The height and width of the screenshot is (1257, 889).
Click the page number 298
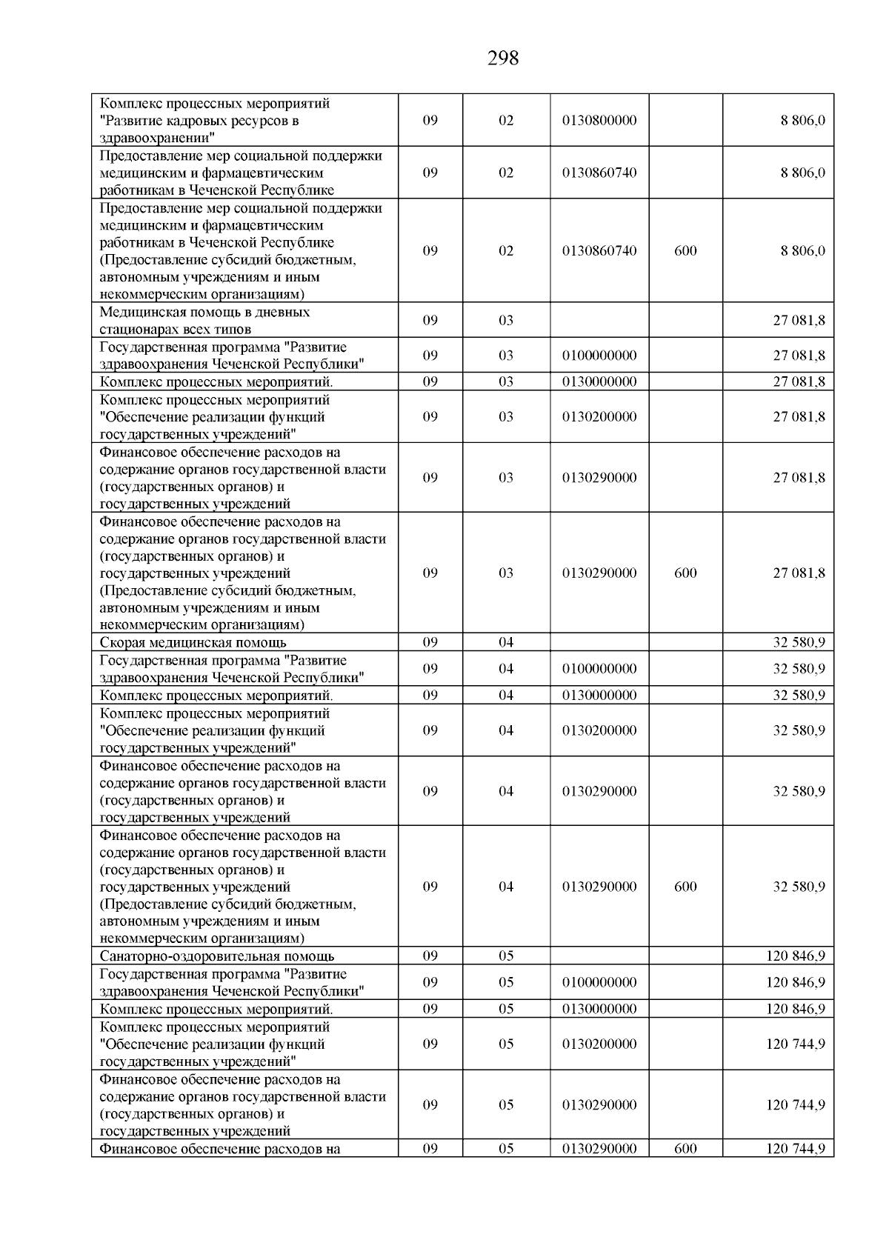tap(503, 59)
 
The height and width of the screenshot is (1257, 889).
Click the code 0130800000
tap(599, 120)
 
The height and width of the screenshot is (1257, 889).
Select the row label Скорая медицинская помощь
tap(193, 643)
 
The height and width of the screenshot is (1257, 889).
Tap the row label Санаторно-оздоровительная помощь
tap(216, 956)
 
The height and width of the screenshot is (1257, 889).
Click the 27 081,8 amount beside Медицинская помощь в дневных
tap(799, 321)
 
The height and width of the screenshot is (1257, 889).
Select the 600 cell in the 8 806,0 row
tap(685, 250)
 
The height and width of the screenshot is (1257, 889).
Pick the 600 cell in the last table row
tap(685, 1149)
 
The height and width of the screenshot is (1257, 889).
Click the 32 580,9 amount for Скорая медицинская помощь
tap(799, 642)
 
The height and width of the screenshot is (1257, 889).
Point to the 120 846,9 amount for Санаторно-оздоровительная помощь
tap(795, 956)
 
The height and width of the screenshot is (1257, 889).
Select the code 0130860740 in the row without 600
tap(599, 173)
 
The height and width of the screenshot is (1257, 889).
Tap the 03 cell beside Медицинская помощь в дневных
tap(505, 321)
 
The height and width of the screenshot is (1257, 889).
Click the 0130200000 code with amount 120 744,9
tap(599, 1044)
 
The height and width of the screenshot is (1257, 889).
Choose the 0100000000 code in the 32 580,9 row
tap(599, 669)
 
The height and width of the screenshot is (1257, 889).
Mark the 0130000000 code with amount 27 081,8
tap(599, 381)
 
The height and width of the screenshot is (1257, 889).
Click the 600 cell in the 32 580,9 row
tap(685, 887)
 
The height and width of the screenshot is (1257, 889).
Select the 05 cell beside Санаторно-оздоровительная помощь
tap(505, 956)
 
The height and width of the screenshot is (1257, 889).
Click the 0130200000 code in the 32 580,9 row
tap(599, 730)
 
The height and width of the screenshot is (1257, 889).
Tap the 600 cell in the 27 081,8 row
tap(685, 573)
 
